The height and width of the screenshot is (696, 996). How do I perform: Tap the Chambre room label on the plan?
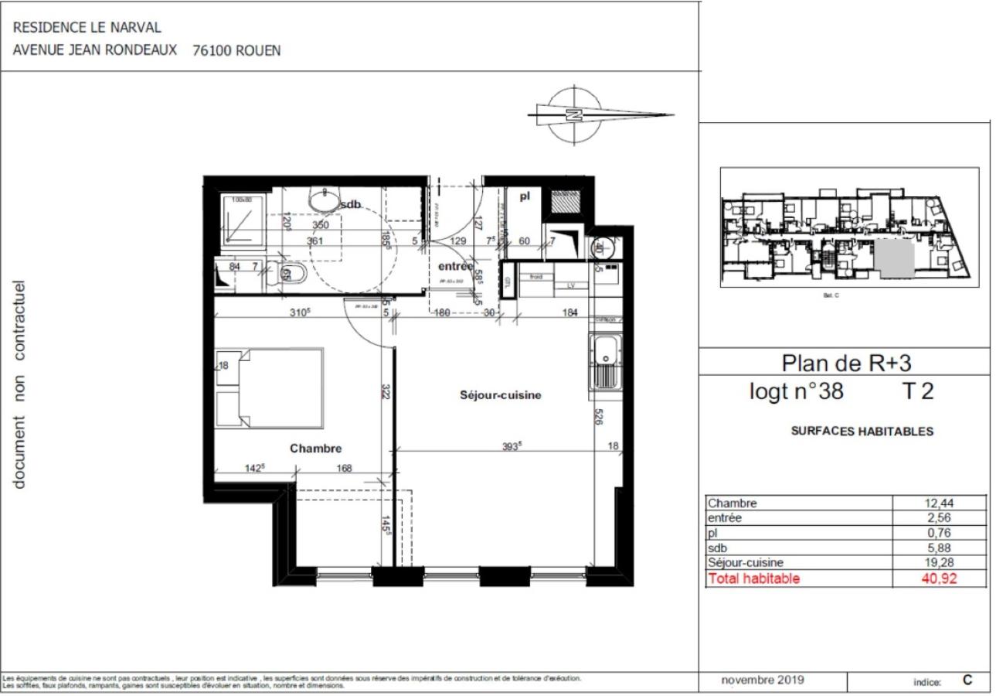(x=315, y=448)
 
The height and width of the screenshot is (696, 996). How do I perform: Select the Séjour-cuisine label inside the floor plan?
(x=500, y=395)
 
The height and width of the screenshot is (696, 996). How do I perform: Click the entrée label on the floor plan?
(x=455, y=266)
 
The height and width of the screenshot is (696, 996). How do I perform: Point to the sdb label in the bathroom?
(x=351, y=204)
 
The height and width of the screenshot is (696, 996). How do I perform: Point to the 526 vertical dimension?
(x=599, y=418)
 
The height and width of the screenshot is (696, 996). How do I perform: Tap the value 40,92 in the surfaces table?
(x=940, y=578)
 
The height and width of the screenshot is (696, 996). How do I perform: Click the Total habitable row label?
(x=754, y=578)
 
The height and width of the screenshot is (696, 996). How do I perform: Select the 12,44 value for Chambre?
(x=940, y=503)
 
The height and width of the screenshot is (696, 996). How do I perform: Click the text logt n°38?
(x=796, y=391)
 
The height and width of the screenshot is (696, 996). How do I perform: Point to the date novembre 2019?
(x=762, y=681)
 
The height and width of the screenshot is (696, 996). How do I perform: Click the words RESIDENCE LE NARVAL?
(x=87, y=28)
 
